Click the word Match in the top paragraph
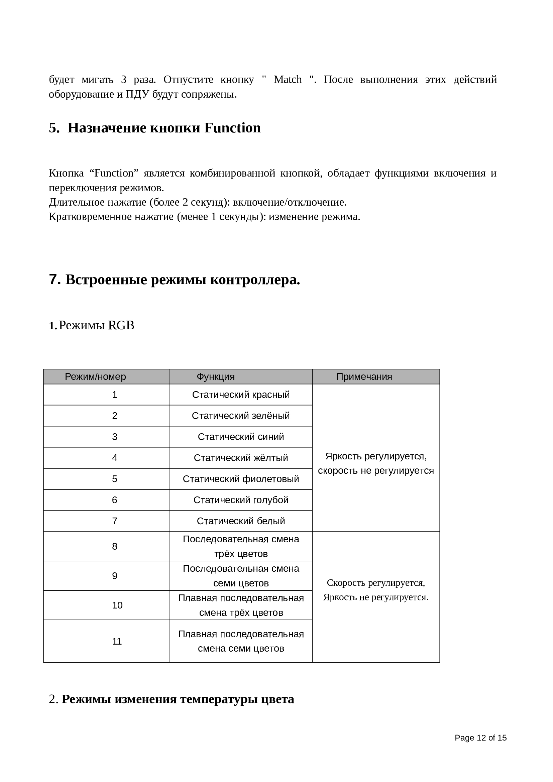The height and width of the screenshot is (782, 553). tap(288, 80)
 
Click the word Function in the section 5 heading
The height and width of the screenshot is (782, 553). tap(233, 128)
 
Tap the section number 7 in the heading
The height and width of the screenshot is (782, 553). tap(54, 279)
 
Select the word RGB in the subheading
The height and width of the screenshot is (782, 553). tap(121, 326)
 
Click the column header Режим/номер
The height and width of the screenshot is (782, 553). tap(95, 377)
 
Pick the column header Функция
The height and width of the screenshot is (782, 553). tap(216, 377)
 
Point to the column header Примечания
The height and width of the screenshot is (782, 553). tap(364, 377)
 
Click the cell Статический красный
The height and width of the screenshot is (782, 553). tap(241, 395)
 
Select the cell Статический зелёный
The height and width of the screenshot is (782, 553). tap(241, 416)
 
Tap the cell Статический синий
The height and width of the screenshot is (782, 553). tap(241, 437)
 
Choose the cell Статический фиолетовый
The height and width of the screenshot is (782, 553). tap(241, 479)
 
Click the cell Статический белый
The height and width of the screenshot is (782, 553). tap(241, 521)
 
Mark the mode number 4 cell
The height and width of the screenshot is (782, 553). tap(115, 458)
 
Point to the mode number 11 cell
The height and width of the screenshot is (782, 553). tap(117, 641)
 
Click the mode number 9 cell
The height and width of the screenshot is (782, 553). tap(115, 576)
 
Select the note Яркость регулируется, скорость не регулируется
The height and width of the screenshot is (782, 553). tap(375, 463)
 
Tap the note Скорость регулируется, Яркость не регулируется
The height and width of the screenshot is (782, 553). tap(375, 590)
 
